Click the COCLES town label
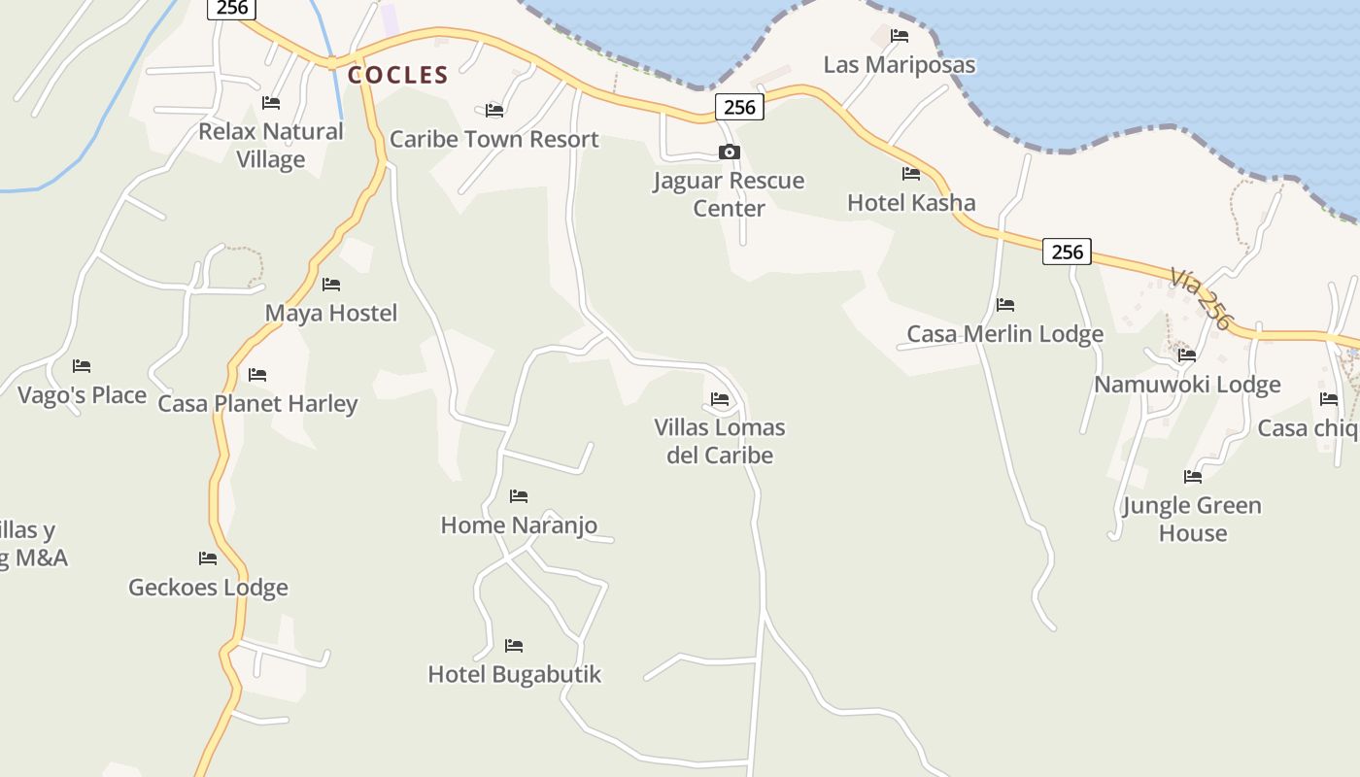coord(398,75)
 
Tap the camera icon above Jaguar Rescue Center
coord(729,152)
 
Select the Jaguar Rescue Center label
coord(729,194)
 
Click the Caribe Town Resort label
coord(493,139)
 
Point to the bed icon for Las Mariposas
coord(900,36)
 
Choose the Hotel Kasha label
coord(911,203)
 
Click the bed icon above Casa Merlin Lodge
coord(1005,305)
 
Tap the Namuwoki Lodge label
coord(1187,385)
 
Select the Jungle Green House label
coord(1192,519)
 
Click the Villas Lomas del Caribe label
coord(720,441)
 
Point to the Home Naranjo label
coord(519,525)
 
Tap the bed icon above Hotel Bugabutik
coord(514,645)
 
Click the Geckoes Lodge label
coord(208,588)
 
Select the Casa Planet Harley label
coord(257,404)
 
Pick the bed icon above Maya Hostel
coord(331,285)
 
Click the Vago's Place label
coord(82,395)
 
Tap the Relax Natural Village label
coord(271,145)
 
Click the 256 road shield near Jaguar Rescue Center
coord(739,107)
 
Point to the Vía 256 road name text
coord(1201,299)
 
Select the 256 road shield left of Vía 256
coord(1067,252)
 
